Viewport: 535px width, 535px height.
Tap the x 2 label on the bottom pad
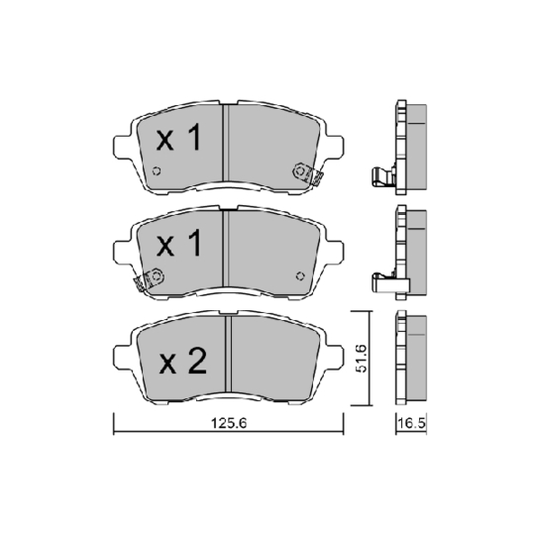180,362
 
